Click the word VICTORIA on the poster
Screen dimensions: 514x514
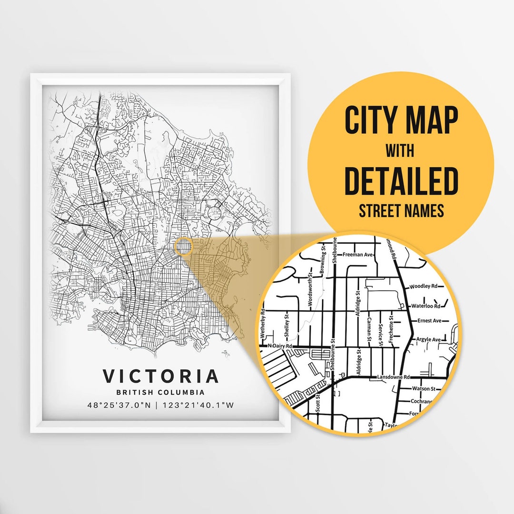pos(161,376)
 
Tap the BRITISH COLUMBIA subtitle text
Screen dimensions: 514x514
pos(161,393)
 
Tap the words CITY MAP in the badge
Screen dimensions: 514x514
pos(401,121)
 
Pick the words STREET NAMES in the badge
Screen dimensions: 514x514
pos(401,210)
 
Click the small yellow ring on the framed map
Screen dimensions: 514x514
pos(183,247)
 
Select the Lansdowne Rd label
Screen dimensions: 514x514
pos(393,377)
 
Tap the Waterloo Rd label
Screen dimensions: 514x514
pos(425,306)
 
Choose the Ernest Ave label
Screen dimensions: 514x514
pos(430,321)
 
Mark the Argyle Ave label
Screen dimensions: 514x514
pos(429,339)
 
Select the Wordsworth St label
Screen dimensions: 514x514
pos(310,288)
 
